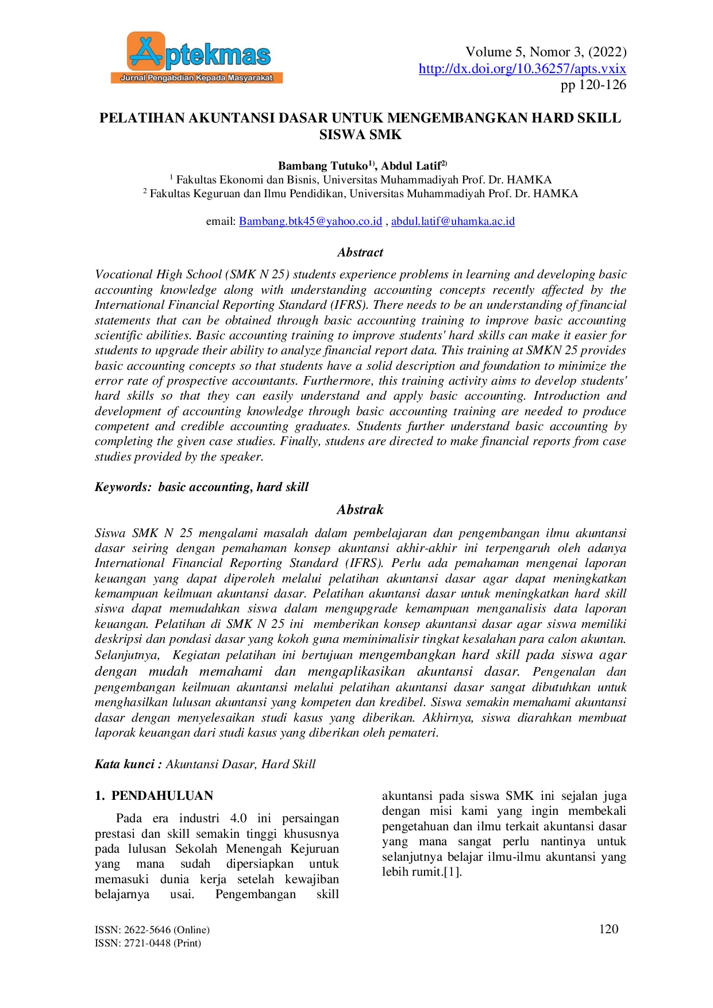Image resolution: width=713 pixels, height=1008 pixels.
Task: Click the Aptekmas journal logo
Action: click(196, 58)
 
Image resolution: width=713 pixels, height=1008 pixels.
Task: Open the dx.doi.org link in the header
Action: click(522, 69)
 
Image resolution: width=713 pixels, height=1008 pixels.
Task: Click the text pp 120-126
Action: click(593, 85)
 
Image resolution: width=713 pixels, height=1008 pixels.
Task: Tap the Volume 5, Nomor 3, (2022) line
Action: click(545, 52)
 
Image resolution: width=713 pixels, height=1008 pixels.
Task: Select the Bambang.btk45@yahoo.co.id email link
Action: click(310, 221)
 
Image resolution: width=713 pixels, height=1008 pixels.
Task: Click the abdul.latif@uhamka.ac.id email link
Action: click(453, 221)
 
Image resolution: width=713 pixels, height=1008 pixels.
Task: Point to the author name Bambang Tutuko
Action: click(322, 166)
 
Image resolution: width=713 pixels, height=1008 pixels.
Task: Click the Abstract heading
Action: click(360, 252)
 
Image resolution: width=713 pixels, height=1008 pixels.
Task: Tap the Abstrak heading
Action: click(360, 510)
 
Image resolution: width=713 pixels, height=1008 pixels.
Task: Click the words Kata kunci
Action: click(124, 764)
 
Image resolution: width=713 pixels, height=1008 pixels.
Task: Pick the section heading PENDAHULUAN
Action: click(162, 796)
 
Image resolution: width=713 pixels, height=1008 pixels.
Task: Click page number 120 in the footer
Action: click(608, 929)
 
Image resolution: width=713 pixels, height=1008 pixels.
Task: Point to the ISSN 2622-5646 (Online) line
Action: click(152, 930)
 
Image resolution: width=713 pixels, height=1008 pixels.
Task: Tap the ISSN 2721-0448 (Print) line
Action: click(148, 943)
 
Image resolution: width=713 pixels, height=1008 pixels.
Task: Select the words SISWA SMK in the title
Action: click(360, 135)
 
